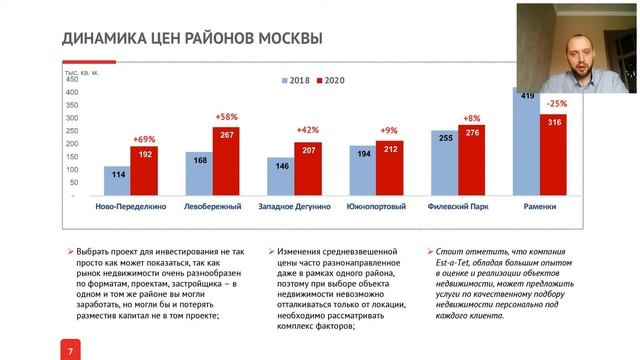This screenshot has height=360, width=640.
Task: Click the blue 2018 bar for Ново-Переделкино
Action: point(117,181)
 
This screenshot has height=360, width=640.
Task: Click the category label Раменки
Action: point(540,206)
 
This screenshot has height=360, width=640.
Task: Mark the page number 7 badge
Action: point(69,351)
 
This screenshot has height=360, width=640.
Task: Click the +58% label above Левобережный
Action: point(227,117)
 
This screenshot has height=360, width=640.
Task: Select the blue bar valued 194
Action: point(362,171)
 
